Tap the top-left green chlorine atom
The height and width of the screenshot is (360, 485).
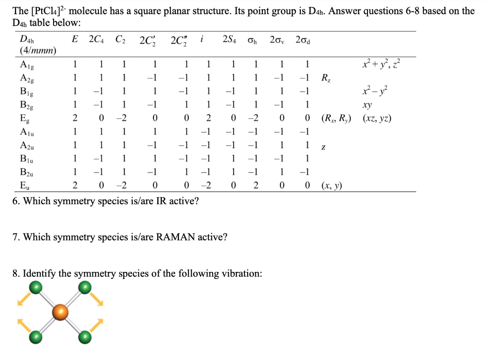pos(35,287)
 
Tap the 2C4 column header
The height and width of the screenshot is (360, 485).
pos(97,39)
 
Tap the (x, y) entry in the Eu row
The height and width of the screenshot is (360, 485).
pos(332,185)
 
